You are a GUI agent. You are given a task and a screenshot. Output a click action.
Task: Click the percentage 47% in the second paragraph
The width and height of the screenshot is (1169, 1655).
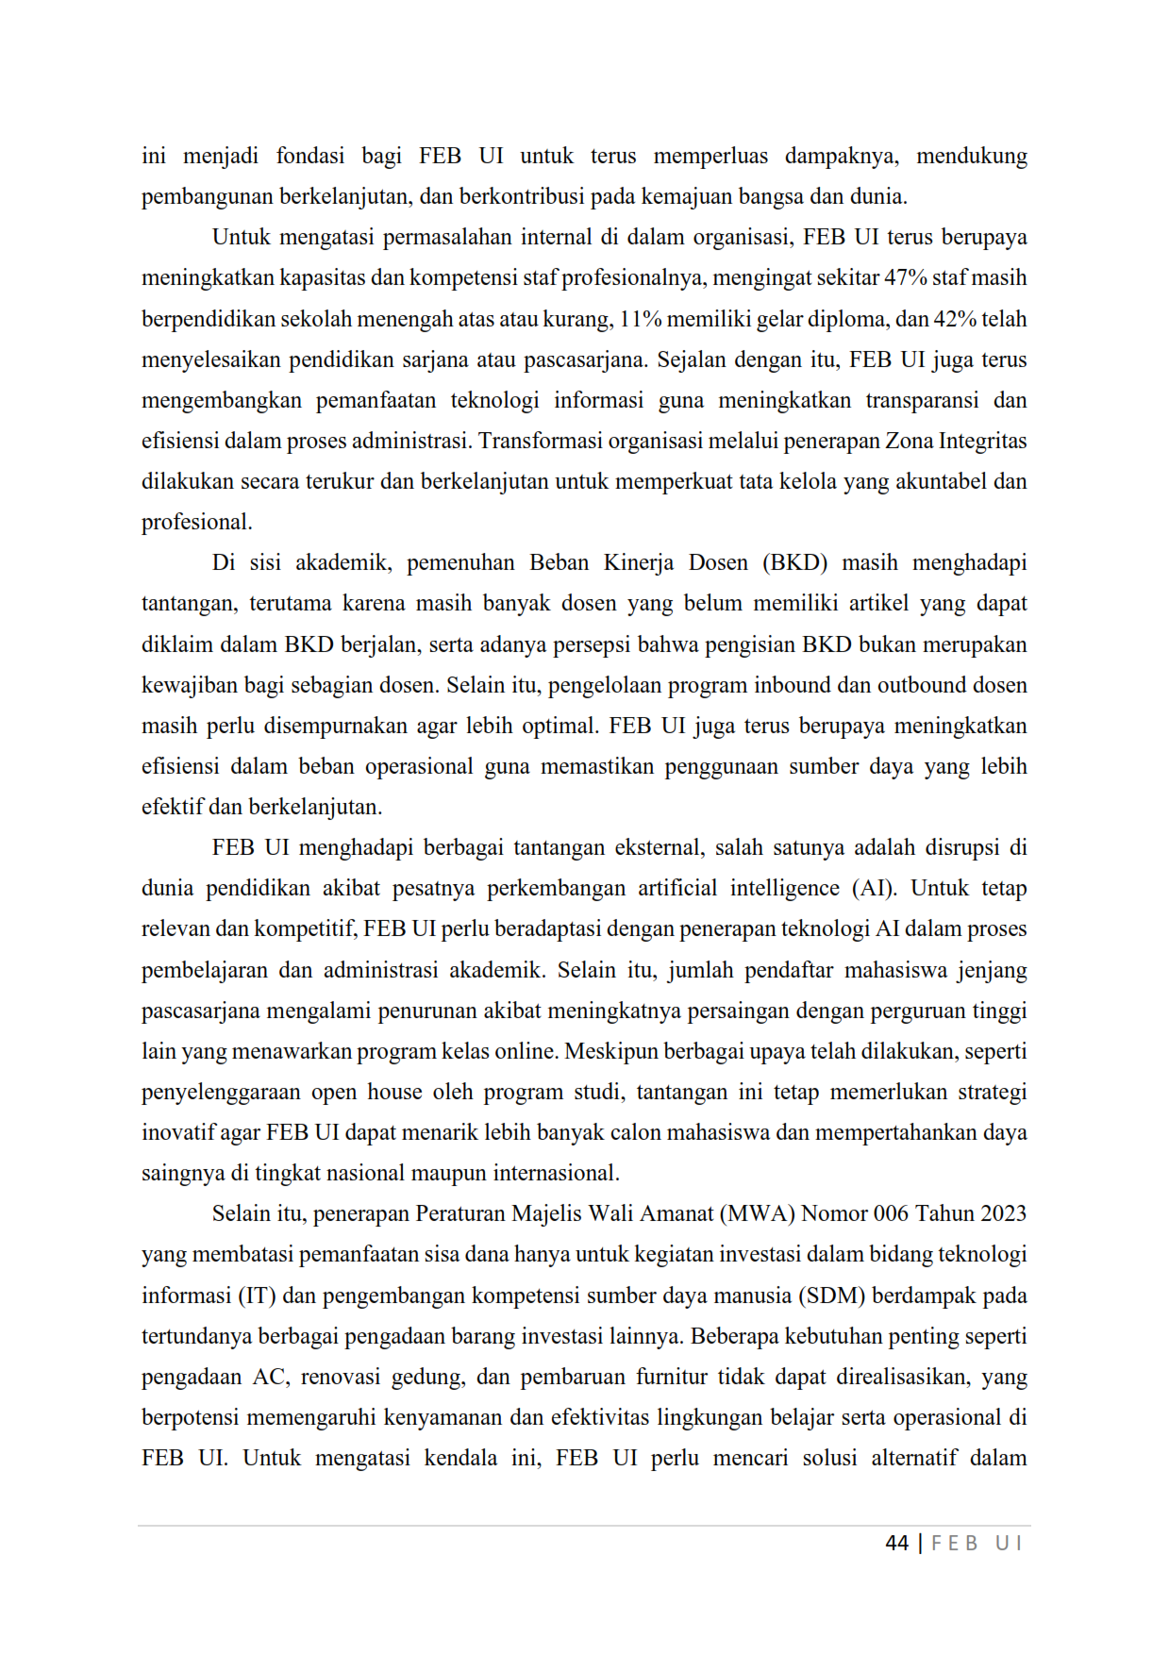click(906, 278)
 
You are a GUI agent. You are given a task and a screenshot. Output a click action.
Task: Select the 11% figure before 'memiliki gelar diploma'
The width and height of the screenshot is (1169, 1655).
click(641, 319)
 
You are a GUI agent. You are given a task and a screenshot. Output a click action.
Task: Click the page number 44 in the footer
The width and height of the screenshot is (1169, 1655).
click(896, 1543)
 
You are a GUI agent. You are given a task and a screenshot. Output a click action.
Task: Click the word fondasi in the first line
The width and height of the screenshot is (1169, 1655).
click(310, 156)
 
